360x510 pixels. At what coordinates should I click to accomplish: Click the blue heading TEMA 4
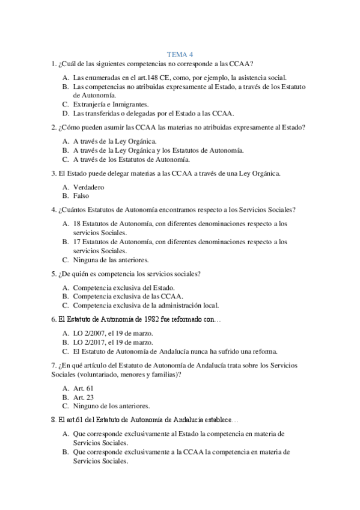point(180,54)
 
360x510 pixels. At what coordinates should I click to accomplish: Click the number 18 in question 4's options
point(77,223)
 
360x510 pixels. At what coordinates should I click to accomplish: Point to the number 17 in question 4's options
point(77,242)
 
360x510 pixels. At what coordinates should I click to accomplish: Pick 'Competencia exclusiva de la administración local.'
point(146,305)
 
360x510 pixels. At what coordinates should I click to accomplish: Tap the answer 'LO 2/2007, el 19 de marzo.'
point(113,333)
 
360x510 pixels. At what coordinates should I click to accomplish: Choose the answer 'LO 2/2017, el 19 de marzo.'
point(113,342)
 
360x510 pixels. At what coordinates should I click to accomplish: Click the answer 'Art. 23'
point(84,398)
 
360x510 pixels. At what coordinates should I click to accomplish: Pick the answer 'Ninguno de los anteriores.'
point(111,406)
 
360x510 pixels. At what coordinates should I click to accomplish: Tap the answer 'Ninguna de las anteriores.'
point(111,260)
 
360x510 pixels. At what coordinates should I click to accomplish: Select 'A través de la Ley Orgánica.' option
point(114,141)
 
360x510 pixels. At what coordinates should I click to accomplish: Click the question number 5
point(54,274)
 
